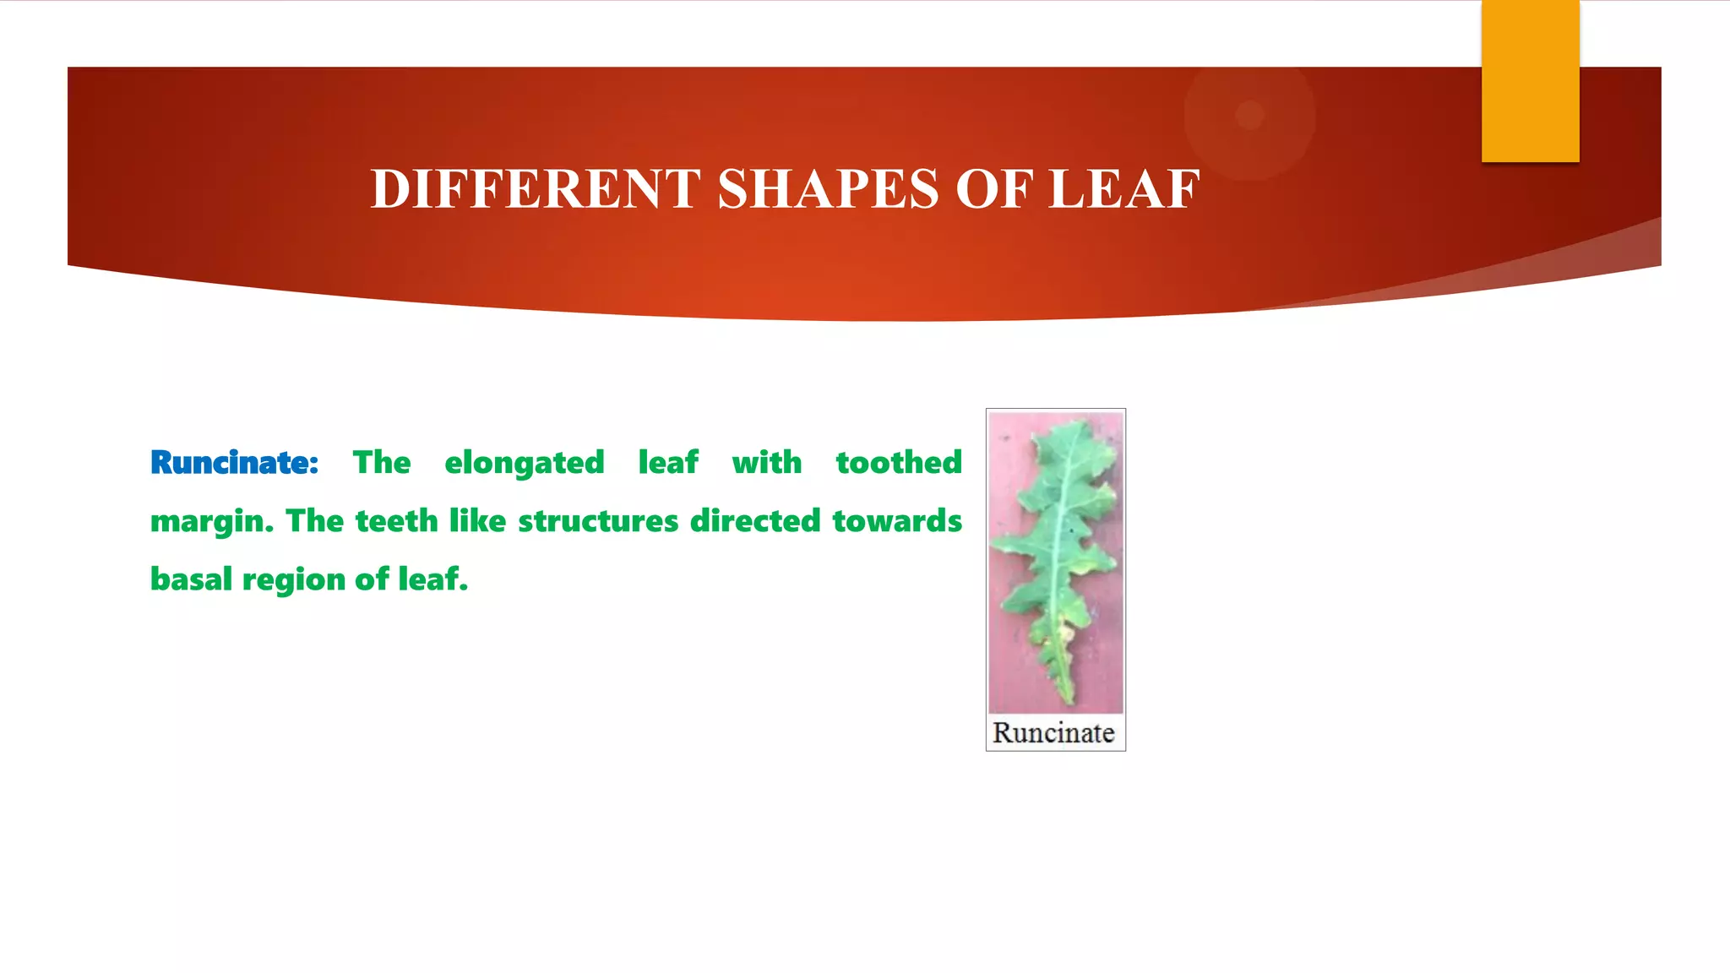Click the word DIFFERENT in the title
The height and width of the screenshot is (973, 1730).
coord(536,188)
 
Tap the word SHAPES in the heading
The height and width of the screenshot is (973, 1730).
coord(828,188)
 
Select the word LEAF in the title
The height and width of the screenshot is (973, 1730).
coord(1124,188)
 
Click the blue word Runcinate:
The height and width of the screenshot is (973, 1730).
coord(234,463)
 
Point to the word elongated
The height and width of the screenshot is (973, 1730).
coord(525,464)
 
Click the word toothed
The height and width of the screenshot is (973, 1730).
coord(899,463)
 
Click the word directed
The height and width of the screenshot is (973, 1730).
coord(755,521)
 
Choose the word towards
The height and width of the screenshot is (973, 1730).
coord(897,521)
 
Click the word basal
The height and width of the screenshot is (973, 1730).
coord(191,579)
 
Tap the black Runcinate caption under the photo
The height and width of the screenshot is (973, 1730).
coord(1053,732)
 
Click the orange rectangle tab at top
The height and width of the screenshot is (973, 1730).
coord(1530,81)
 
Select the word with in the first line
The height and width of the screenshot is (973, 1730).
coord(766,463)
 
